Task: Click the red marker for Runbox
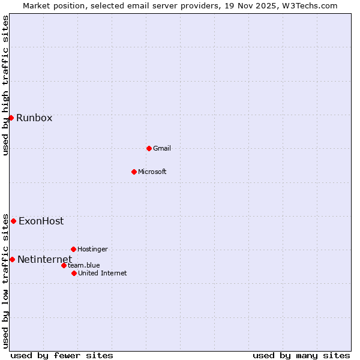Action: click(11, 118)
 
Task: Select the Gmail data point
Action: click(149, 148)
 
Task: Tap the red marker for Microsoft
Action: click(134, 172)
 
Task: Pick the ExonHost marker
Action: click(13, 221)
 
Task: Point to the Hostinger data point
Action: click(73, 249)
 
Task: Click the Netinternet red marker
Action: click(12, 259)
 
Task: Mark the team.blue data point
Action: click(64, 265)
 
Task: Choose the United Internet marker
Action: click(74, 273)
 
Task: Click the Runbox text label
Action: click(34, 118)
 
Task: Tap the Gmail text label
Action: click(162, 148)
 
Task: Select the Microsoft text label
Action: click(152, 172)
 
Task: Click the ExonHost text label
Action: click(41, 221)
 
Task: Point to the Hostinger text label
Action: click(92, 249)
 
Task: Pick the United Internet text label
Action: click(102, 273)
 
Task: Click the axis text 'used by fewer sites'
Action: click(62, 355)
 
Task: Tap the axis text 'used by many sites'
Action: click(301, 355)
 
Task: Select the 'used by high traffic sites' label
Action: click(6, 85)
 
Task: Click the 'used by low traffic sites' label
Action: click(6, 281)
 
